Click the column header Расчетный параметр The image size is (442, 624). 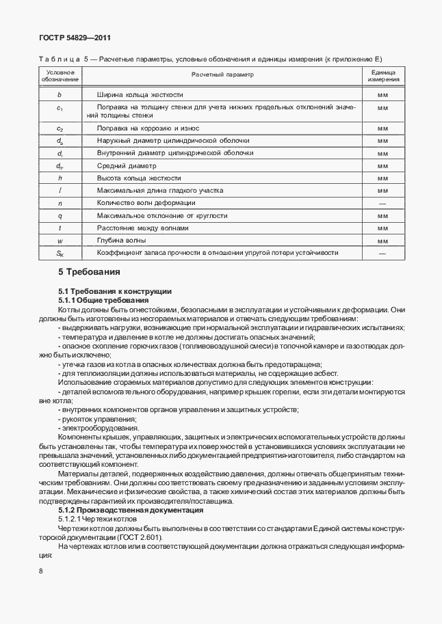222,74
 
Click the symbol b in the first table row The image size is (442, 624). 60,94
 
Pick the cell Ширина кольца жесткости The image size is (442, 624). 140,94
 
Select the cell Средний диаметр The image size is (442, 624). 127,165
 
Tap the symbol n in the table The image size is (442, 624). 60,203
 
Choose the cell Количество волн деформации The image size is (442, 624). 146,203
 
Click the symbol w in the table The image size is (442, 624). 60,241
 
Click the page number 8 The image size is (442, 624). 41,571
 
